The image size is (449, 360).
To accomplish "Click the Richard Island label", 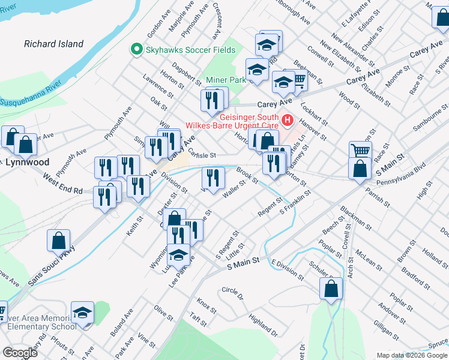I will (x=53, y=44).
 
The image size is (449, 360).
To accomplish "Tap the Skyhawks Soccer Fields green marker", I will (x=136, y=50).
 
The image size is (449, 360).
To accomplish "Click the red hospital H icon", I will (x=287, y=120).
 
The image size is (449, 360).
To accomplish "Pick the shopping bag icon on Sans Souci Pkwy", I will (x=59, y=241).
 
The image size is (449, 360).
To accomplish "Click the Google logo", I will (x=20, y=353).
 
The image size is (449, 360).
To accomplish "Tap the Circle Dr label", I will (x=232, y=293).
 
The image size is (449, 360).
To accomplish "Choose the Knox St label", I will (x=206, y=306).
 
